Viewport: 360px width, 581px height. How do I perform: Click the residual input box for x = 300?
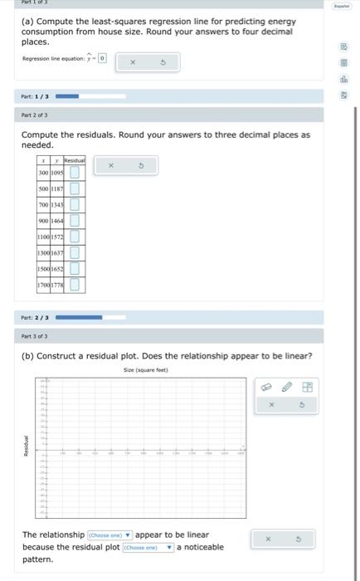(x=75, y=173)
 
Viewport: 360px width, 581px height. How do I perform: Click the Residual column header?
(x=74, y=158)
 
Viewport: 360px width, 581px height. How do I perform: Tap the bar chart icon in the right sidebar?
(x=343, y=80)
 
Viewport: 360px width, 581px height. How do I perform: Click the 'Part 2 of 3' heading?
(x=36, y=115)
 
